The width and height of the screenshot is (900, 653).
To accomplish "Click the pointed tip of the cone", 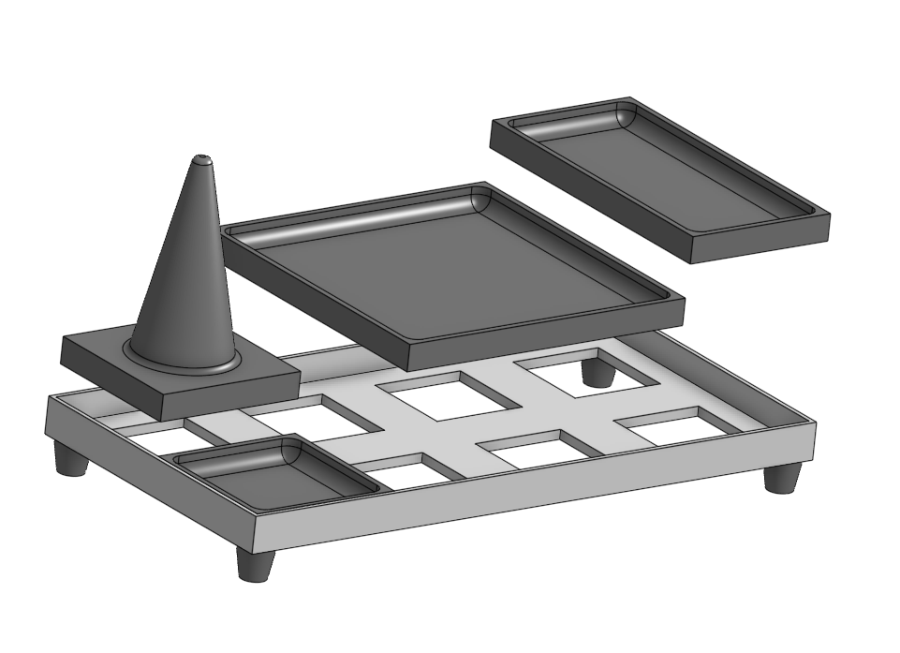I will (201, 159).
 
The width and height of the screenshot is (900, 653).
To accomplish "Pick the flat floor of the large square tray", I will (450, 272).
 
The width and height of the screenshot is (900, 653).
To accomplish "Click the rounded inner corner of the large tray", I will (480, 200).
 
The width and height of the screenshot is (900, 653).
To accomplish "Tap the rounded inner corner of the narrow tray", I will (625, 114).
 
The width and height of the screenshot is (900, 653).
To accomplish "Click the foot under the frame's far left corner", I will (70, 459).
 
